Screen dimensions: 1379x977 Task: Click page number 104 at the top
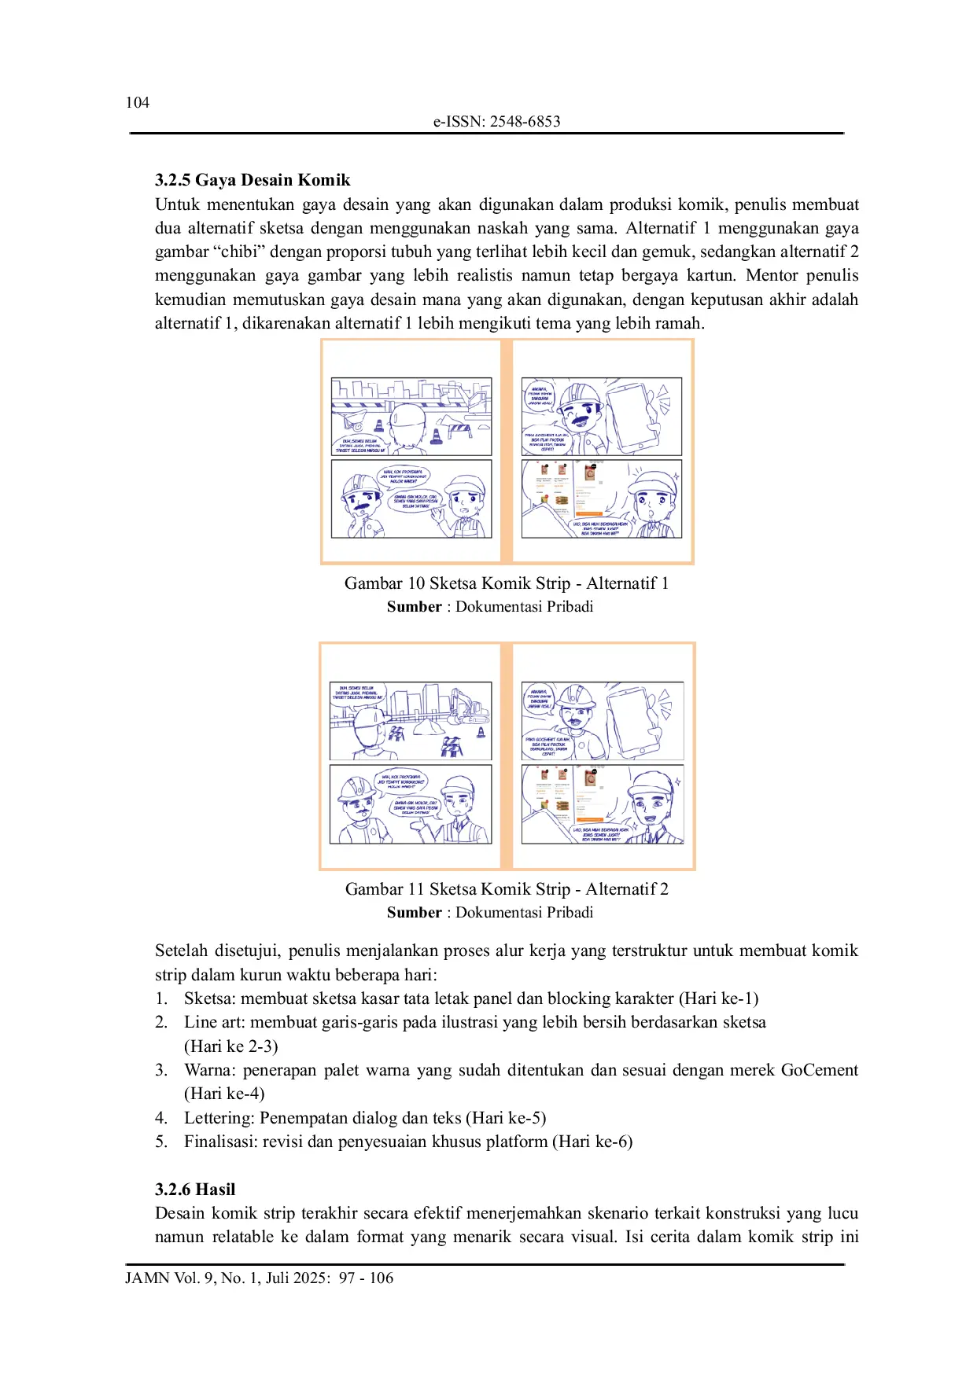click(137, 102)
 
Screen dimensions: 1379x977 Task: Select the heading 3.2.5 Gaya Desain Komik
click(253, 180)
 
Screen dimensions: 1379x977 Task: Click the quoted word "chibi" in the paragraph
click(238, 252)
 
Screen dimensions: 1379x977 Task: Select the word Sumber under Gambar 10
click(414, 607)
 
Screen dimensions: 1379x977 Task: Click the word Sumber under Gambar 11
click(414, 913)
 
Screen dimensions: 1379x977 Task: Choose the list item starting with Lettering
click(364, 1118)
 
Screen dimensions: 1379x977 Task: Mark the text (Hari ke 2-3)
click(231, 1046)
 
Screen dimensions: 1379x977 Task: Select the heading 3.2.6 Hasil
click(195, 1190)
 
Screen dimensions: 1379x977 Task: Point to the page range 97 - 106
click(366, 1278)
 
